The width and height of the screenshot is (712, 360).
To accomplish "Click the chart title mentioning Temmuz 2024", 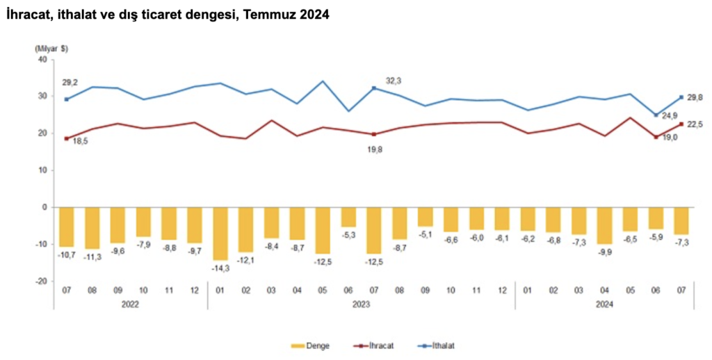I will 167,15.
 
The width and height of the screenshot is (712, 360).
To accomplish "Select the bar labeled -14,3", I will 220,234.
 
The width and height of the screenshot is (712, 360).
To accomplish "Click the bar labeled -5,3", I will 348,217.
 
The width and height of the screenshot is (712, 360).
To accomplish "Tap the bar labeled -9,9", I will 604,225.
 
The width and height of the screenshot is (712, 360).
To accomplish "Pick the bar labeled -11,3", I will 92,228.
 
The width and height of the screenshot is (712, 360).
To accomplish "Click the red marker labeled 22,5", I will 681,124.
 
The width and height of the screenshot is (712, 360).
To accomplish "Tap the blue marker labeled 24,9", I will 655,115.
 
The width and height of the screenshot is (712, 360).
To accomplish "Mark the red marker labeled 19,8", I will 374,134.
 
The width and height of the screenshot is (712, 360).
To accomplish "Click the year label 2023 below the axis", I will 361,304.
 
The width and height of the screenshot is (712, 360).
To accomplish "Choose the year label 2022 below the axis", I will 131,304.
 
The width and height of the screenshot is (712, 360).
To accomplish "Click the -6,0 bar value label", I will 476,236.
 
